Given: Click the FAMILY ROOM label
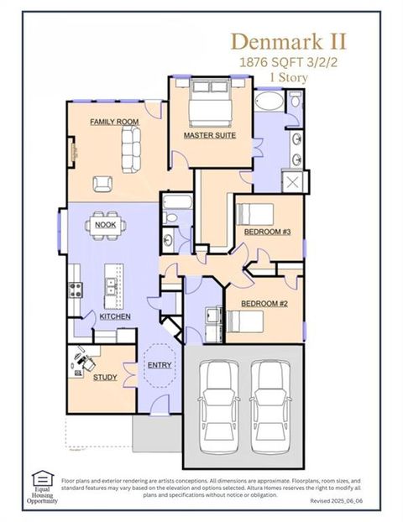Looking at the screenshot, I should coord(114,122).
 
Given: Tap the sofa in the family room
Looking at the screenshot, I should coord(132,151).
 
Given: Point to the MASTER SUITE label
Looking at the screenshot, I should coord(209,135).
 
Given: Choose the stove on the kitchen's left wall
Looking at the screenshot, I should coord(75,290).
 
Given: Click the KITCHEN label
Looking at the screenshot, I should coord(114,316).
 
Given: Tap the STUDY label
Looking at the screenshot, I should coord(105,377).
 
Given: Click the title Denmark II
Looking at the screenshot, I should coord(288,40).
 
